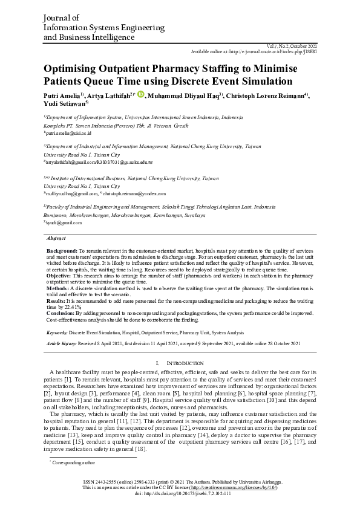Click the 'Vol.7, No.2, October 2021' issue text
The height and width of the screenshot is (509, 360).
point(291,46)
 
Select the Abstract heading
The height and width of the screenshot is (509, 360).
point(56,239)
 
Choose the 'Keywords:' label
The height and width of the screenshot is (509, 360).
point(57,332)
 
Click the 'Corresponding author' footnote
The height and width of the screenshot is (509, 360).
point(75,462)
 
